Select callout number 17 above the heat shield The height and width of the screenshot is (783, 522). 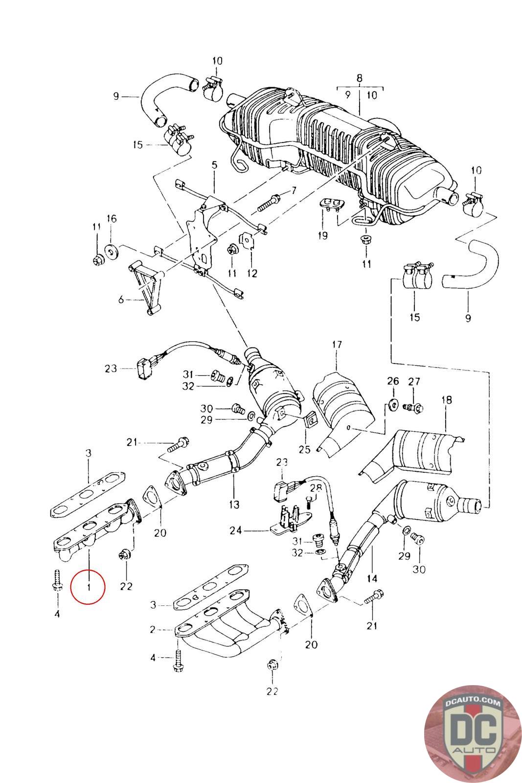pyautogui.click(x=337, y=345)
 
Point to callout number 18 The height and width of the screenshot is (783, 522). pyautogui.click(x=447, y=399)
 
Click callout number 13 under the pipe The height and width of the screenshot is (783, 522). pyautogui.click(x=234, y=505)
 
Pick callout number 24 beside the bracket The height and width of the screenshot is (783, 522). pyautogui.click(x=236, y=530)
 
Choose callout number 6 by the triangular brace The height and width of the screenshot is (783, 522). pyautogui.click(x=121, y=299)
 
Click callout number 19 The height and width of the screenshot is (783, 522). pyautogui.click(x=323, y=235)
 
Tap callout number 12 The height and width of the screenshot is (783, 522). pyautogui.click(x=252, y=273)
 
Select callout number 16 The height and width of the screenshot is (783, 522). pyautogui.click(x=112, y=219)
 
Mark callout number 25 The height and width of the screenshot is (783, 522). pyautogui.click(x=304, y=449)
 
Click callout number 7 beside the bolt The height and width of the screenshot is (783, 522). pyautogui.click(x=294, y=190)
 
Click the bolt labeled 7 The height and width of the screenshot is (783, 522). pyautogui.click(x=270, y=203)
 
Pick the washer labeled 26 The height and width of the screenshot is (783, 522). pyautogui.click(x=393, y=404)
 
